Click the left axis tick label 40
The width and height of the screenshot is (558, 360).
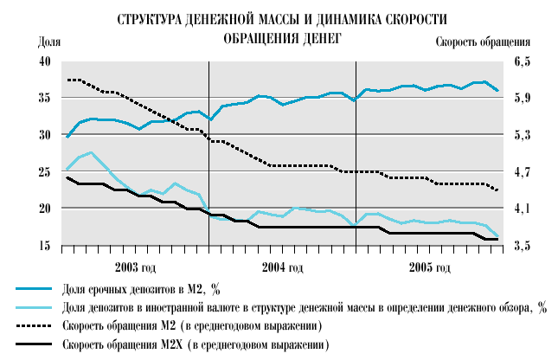coord(44,62)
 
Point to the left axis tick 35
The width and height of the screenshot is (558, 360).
coord(44,99)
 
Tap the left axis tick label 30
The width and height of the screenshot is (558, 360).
coord(44,136)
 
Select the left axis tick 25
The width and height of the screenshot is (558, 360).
coord(44,172)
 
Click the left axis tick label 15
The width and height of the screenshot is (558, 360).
coord(44,247)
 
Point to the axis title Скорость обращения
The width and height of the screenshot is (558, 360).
coord(483,42)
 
